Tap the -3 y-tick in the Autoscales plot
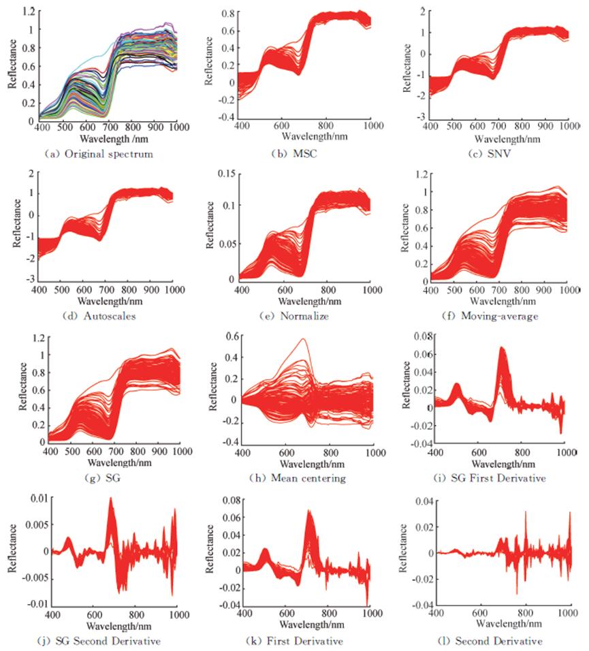click(30, 280)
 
